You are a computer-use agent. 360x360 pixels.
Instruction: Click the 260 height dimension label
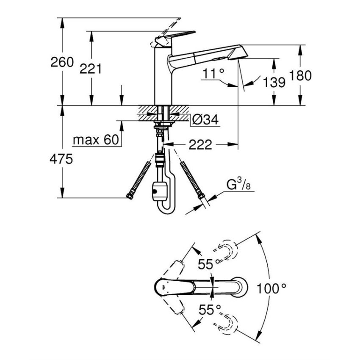pyautogui.click(x=62, y=62)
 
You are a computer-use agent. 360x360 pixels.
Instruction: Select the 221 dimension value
pyautogui.click(x=91, y=68)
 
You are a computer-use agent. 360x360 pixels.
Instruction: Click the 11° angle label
pyautogui.click(x=213, y=74)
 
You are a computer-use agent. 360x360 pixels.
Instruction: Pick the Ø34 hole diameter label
pyautogui.click(x=205, y=121)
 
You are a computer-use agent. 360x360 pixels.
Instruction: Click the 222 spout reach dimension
pyautogui.click(x=200, y=144)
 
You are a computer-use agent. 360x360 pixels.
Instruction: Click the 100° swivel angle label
pyautogui.click(x=271, y=289)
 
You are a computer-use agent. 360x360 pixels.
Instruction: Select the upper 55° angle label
pyautogui.click(x=209, y=264)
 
